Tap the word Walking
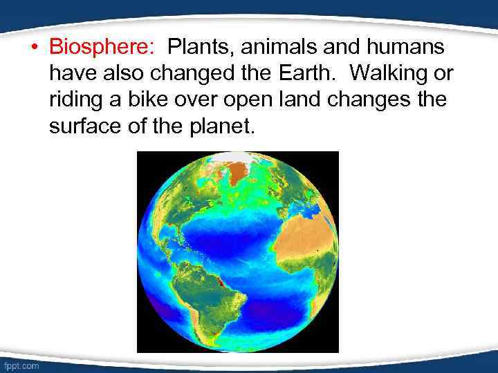pos(388,73)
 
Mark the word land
pos(307,99)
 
